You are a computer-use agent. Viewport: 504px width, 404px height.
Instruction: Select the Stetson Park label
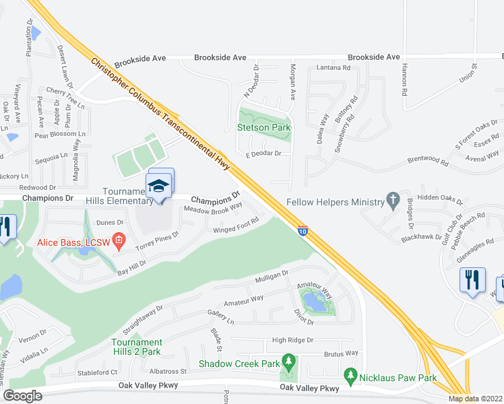[x=263, y=127]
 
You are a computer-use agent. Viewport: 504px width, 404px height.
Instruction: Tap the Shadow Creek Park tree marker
[x=288, y=364]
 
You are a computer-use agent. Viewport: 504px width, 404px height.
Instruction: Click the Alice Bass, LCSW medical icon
[x=119, y=240]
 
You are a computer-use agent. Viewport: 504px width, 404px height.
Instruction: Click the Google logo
[x=23, y=396]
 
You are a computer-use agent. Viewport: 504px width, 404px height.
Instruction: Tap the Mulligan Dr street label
[x=271, y=276]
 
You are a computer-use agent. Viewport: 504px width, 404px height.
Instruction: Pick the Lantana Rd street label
[x=334, y=68]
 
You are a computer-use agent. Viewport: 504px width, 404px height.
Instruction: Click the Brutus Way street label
[x=342, y=353]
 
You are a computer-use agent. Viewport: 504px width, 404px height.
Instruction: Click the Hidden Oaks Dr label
[x=441, y=199]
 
